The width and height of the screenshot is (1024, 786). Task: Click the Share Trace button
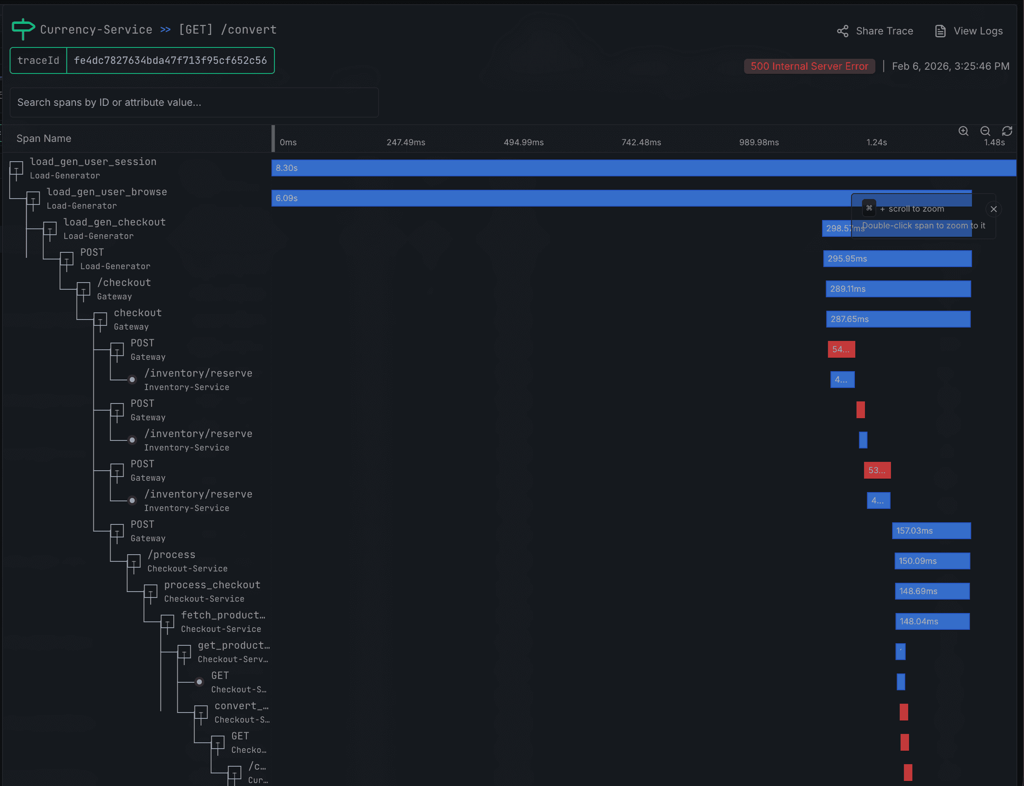[x=874, y=31]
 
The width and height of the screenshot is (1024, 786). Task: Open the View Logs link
[x=969, y=31]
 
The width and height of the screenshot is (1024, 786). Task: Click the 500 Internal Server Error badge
[x=809, y=66]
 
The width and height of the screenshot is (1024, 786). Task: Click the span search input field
[x=194, y=102]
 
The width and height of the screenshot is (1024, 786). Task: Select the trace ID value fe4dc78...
[x=170, y=60]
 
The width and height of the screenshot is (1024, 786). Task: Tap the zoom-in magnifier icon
[x=963, y=131]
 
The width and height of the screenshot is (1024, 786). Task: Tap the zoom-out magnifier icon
[x=985, y=131]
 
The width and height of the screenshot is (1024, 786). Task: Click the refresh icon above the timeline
[x=1007, y=131]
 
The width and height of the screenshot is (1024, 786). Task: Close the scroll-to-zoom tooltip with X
[x=994, y=209]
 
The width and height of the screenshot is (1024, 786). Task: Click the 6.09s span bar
[x=561, y=198]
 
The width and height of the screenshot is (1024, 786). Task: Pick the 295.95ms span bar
[x=897, y=259]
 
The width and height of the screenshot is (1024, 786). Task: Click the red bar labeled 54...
[x=841, y=349]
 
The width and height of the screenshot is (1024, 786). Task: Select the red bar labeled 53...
[x=877, y=470]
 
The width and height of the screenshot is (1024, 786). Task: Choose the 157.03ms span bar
[x=931, y=531]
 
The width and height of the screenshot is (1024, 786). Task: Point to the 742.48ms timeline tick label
[x=641, y=142]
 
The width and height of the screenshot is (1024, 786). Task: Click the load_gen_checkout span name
[x=115, y=222]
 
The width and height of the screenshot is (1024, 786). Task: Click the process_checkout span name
[x=212, y=585]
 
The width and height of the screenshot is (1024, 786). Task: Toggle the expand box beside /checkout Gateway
[x=83, y=290]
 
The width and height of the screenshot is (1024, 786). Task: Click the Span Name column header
[x=44, y=139]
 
